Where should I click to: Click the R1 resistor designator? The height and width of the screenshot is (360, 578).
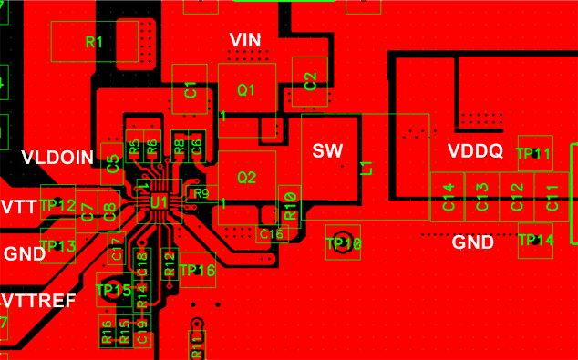[x=94, y=42]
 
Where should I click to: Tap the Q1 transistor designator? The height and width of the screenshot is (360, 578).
[x=245, y=90]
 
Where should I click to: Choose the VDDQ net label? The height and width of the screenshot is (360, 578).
[x=475, y=151]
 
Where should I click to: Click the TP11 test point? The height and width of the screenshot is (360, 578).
[x=534, y=154]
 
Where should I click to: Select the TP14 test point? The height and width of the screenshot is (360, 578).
[x=535, y=241]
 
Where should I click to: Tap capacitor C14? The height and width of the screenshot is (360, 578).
[x=448, y=196]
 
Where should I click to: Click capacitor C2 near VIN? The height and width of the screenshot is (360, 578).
[x=310, y=81]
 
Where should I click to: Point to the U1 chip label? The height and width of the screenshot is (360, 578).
[x=158, y=201]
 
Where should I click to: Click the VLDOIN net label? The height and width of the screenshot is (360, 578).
[x=57, y=158]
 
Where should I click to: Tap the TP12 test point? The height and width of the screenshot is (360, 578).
[x=57, y=206]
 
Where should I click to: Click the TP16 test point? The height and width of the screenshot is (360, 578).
[x=197, y=271]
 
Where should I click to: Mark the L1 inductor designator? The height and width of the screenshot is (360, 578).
[x=366, y=167]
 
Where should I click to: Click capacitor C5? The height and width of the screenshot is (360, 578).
[x=112, y=164]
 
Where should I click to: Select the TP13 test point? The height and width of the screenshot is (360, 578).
[x=58, y=246]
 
